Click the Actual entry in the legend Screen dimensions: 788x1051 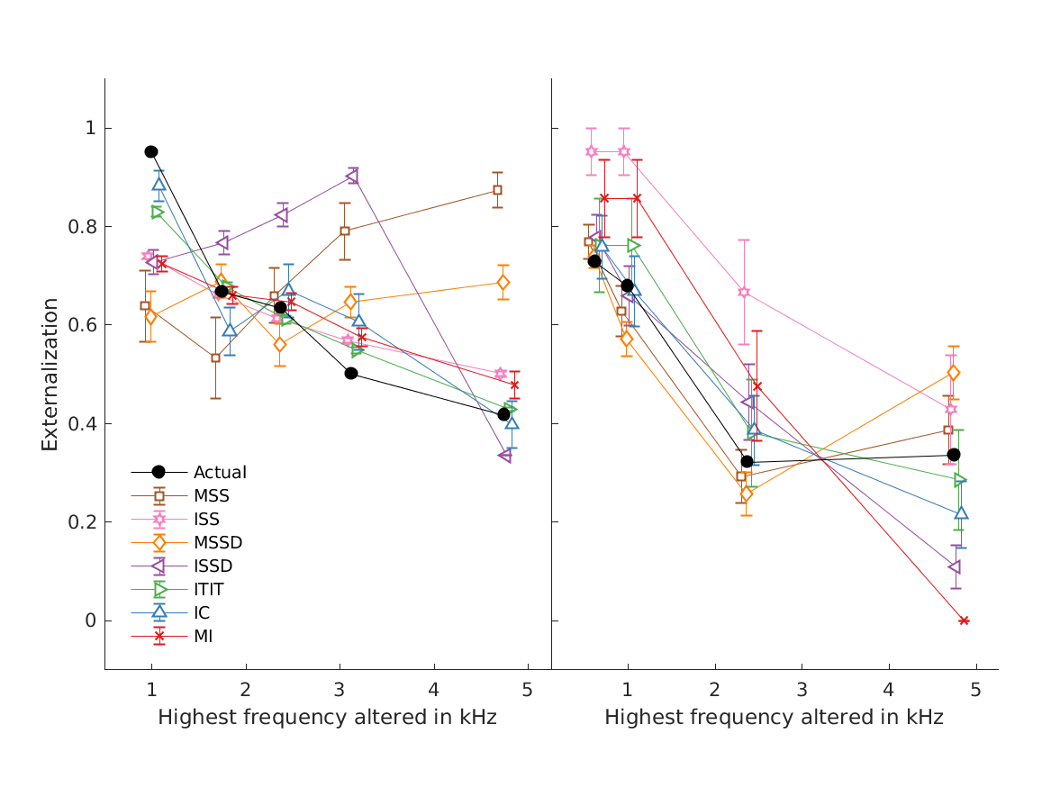(220, 472)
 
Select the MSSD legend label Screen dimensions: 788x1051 (218, 542)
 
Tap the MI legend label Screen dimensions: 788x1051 (203, 636)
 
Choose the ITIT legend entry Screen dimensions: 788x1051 (209, 589)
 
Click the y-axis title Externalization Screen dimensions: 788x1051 (50, 374)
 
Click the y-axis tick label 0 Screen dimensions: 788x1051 (90, 620)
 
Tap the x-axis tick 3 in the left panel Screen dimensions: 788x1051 (340, 689)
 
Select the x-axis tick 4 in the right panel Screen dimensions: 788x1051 (889, 689)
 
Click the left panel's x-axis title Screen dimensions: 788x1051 (327, 718)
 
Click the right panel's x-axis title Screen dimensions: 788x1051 (774, 718)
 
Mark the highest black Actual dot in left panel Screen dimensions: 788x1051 (151, 151)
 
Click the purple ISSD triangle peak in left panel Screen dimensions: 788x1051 (352, 177)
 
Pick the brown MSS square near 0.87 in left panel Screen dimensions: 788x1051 (497, 190)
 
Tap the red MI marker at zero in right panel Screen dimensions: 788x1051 (964, 620)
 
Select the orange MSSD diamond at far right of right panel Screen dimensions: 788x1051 (954, 373)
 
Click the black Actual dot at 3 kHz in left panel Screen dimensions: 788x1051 (351, 373)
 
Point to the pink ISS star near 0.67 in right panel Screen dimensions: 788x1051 (744, 292)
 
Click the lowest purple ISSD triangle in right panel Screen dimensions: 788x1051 (954, 566)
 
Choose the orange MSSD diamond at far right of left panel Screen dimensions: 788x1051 (503, 283)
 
